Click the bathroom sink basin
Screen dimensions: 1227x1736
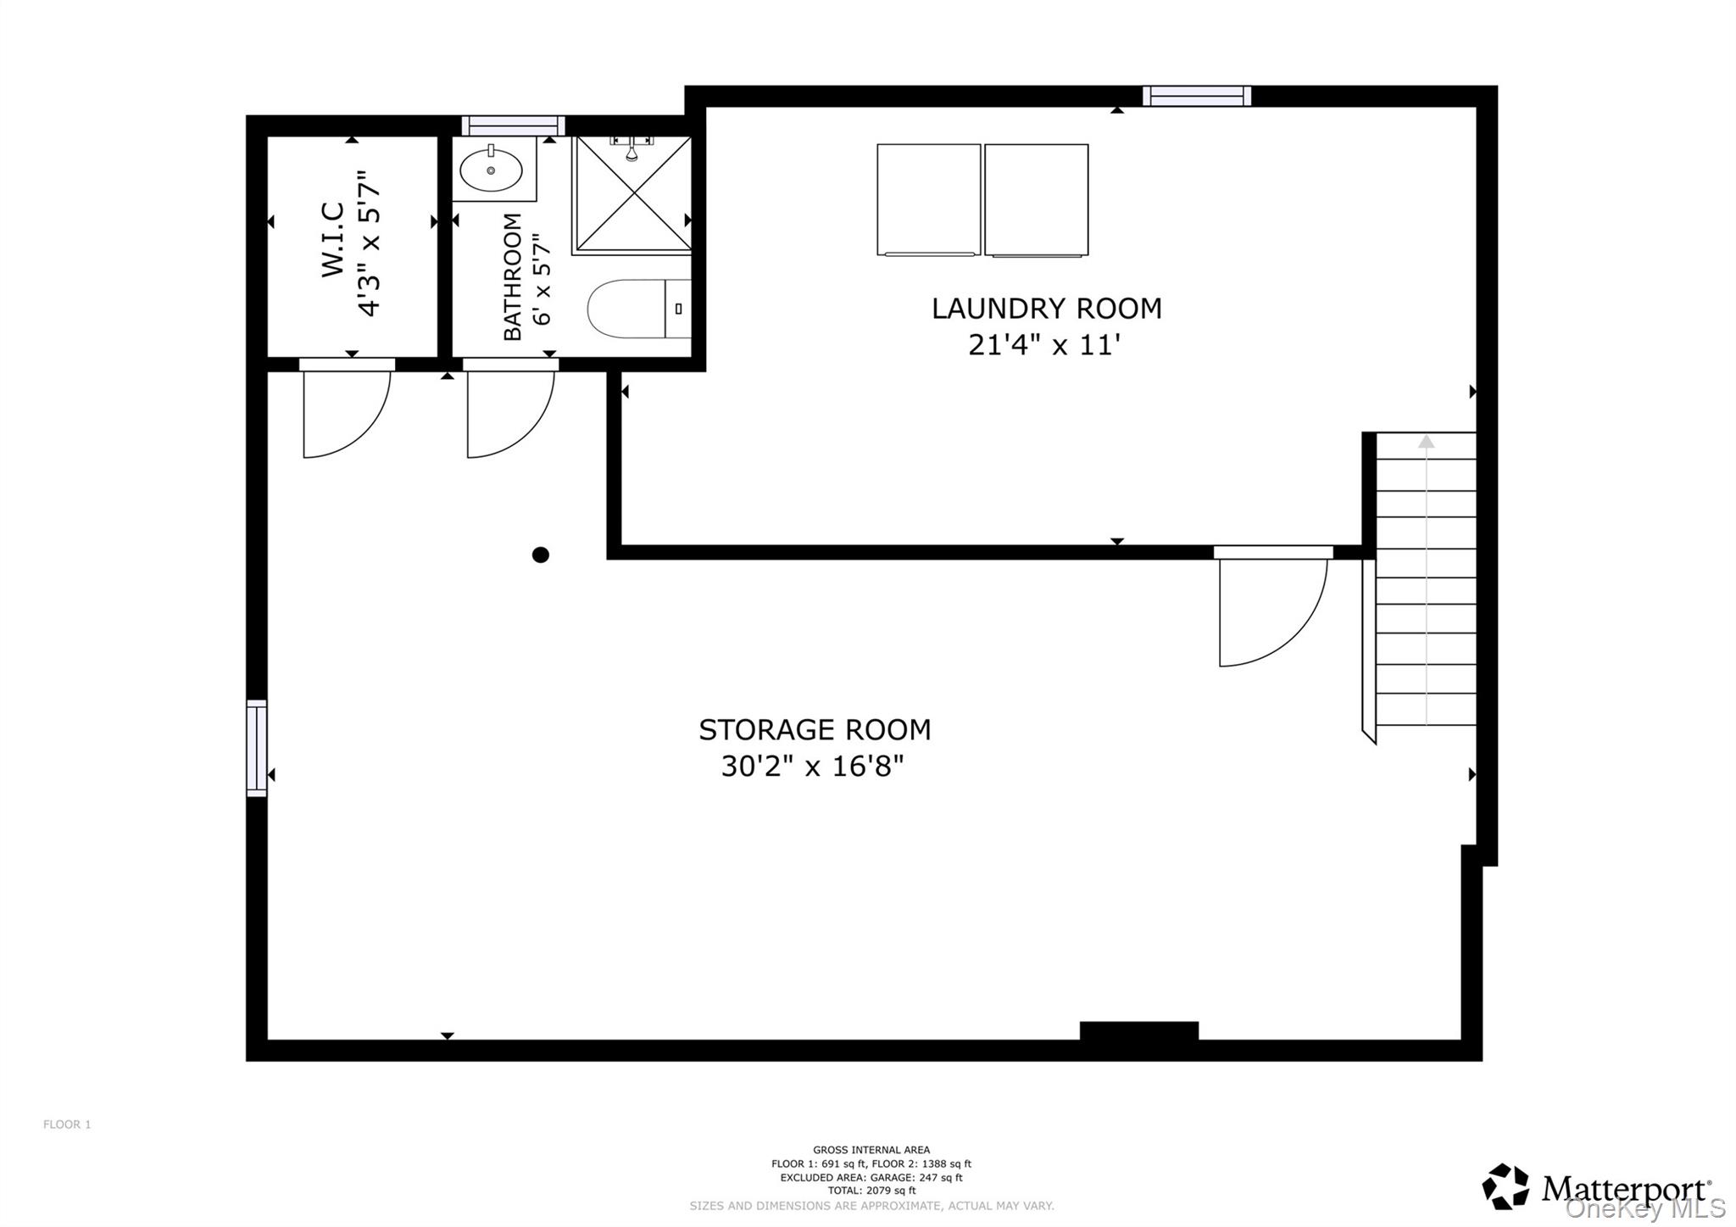pos(491,170)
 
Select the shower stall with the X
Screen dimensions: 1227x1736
pos(633,194)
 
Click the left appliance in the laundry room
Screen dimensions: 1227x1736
pos(928,199)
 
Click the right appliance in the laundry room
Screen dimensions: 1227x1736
pos(1036,199)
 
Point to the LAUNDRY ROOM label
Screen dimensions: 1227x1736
pos(1046,309)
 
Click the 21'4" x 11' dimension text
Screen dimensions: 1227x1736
pos(1044,345)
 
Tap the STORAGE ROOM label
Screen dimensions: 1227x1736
pos(814,730)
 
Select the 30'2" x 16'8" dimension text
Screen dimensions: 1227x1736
pos(812,767)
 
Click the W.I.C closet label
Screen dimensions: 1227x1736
pos(332,239)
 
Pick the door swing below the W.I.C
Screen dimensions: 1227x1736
pos(344,412)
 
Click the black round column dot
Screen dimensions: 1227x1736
pos(541,555)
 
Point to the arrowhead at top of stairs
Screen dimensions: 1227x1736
pos(1427,442)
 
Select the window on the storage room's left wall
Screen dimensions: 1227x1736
pos(257,748)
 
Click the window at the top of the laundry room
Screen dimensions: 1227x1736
pos(1196,96)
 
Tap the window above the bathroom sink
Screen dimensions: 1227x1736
pos(513,125)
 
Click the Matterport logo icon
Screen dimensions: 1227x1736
pos(1505,1185)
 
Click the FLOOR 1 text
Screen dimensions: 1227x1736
pos(67,1124)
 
